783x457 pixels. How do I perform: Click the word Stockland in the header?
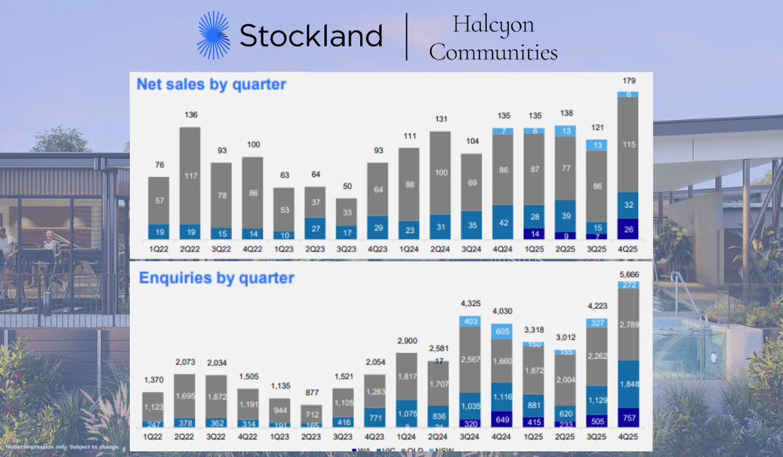[x=311, y=36]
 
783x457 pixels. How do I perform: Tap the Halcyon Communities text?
[x=493, y=38]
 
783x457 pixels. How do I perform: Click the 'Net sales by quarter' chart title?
[x=211, y=84]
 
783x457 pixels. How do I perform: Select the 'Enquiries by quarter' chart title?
[x=216, y=277]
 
